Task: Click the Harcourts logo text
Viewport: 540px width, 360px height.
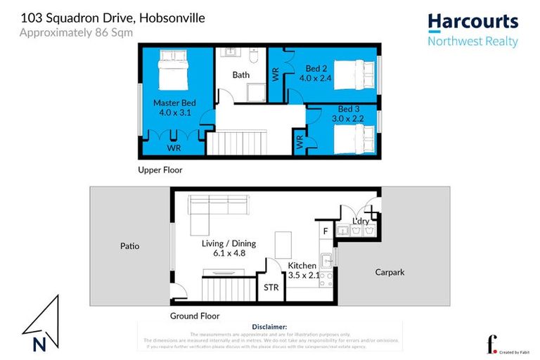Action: click(x=472, y=22)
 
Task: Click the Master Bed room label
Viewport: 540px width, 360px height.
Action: click(x=174, y=108)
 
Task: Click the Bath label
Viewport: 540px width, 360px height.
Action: click(x=241, y=75)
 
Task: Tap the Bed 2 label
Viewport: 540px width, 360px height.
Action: click(x=318, y=74)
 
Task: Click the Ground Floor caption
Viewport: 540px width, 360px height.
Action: click(x=195, y=316)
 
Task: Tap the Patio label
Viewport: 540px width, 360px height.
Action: click(x=129, y=246)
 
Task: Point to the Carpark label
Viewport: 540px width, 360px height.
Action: click(x=390, y=272)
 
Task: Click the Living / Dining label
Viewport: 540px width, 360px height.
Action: click(x=229, y=248)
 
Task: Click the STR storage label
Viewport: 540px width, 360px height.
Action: click(x=271, y=288)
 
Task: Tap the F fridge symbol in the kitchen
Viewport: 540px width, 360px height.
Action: click(x=325, y=230)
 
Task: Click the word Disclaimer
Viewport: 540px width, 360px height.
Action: click(x=269, y=327)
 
